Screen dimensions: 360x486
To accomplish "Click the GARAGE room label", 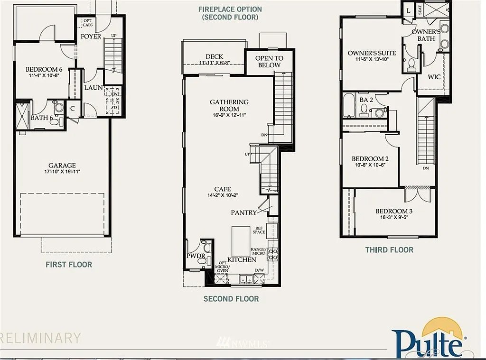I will (x=62, y=166).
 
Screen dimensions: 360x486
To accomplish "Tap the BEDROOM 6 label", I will (x=44, y=69).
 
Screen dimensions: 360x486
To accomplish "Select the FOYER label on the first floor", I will (x=91, y=36).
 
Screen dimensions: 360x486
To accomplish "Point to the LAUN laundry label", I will (x=93, y=88).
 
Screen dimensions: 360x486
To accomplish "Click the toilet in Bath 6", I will (x=55, y=121).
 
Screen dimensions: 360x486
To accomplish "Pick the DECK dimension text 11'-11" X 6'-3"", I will (x=214, y=63).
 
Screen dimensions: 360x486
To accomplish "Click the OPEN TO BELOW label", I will (x=269, y=61).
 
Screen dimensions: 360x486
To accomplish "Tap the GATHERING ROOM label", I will (x=229, y=105).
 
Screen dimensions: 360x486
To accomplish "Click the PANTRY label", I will (x=243, y=212).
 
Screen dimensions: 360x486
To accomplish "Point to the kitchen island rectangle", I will (x=241, y=240).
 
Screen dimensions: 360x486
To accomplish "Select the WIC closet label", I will (x=434, y=77).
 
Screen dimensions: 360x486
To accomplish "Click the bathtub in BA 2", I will (x=349, y=106).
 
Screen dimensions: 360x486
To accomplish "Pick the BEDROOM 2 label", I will (x=370, y=159).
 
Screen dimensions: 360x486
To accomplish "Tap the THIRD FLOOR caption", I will (x=389, y=249).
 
